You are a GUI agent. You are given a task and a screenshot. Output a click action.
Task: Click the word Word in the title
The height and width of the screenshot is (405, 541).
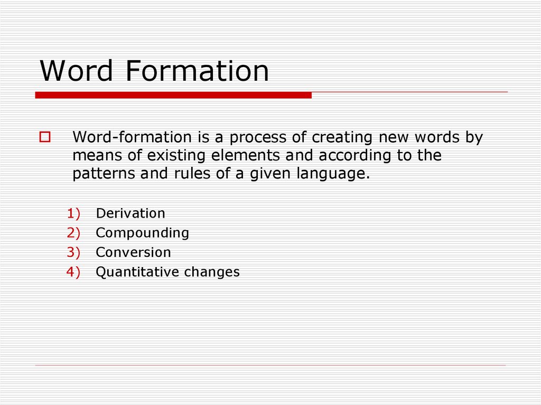77,71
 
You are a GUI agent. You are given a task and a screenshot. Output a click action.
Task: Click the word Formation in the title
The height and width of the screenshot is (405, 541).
197,71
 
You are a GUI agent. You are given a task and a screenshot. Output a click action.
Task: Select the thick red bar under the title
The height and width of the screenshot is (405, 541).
173,95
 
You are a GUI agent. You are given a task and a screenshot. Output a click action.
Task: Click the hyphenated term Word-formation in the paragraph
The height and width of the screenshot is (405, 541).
132,138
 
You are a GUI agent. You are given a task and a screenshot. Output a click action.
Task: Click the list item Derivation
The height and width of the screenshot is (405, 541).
130,213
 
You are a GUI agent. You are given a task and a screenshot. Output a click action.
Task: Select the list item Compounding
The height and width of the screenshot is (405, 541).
142,233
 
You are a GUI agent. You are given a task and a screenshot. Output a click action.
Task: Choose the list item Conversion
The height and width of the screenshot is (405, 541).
133,252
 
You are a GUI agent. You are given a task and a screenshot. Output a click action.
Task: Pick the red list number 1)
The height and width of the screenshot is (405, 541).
73,213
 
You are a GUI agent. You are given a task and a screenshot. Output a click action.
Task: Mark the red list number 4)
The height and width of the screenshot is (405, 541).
73,272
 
